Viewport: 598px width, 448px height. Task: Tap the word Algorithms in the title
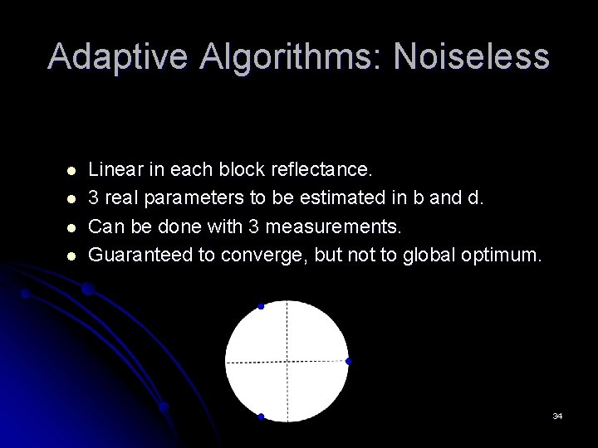(287, 57)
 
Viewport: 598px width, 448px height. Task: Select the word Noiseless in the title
(471, 57)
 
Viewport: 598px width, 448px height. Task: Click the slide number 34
(557, 415)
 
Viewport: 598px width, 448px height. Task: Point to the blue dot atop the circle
(261, 306)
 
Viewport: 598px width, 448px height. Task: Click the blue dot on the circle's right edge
(349, 361)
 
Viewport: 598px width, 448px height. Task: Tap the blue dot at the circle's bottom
(261, 416)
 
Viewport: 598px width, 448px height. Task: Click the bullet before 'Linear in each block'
(71, 171)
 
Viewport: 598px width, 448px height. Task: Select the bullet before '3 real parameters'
(71, 199)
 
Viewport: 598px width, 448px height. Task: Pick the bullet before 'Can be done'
(71, 227)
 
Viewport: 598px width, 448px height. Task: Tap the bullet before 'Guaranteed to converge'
(71, 256)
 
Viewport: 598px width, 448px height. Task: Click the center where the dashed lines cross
(287, 362)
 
